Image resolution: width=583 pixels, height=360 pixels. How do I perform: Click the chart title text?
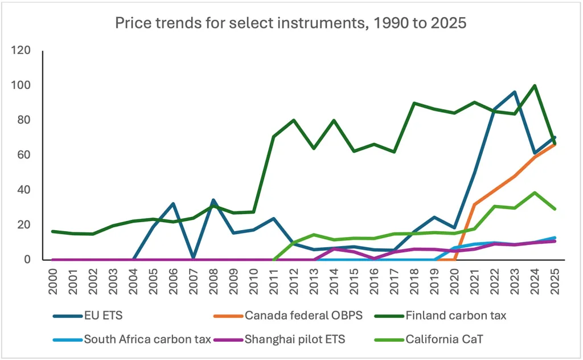[291, 23]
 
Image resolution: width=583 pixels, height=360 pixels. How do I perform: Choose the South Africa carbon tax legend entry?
[148, 339]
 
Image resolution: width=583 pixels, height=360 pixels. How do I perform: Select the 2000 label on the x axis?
[53, 279]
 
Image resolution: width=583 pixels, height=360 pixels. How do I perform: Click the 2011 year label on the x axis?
[274, 279]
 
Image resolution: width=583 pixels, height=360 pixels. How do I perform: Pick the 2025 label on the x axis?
[555, 279]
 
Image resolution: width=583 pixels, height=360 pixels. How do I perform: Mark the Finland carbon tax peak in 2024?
[535, 86]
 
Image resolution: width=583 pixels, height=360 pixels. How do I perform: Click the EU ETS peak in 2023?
[515, 92]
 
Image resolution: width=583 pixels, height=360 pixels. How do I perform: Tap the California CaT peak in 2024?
[535, 193]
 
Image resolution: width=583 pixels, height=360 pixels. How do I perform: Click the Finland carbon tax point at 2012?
[294, 120]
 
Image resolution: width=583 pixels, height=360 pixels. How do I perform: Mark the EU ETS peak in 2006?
[174, 203]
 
